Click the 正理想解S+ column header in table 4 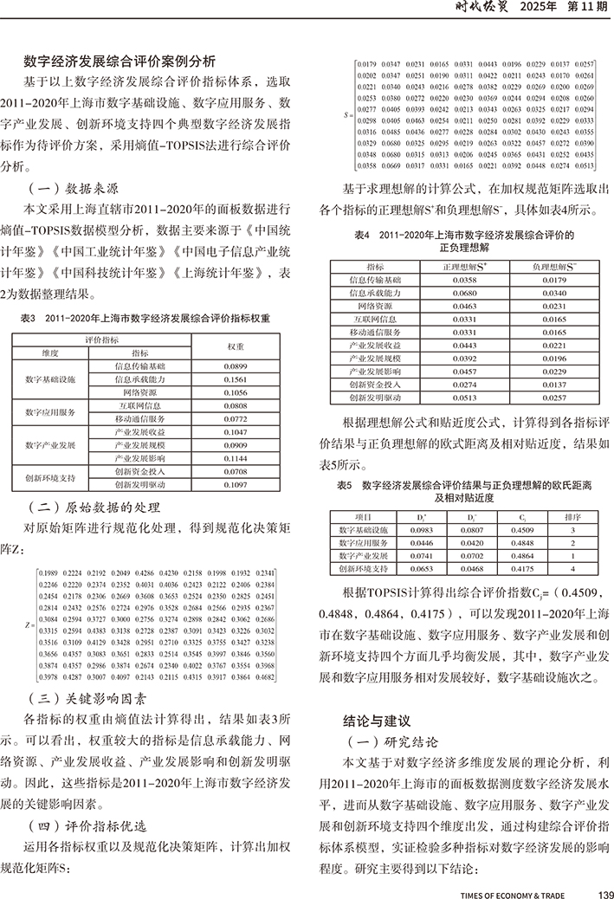pyautogui.click(x=464, y=268)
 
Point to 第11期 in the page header pyautogui.click(x=586, y=9)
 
